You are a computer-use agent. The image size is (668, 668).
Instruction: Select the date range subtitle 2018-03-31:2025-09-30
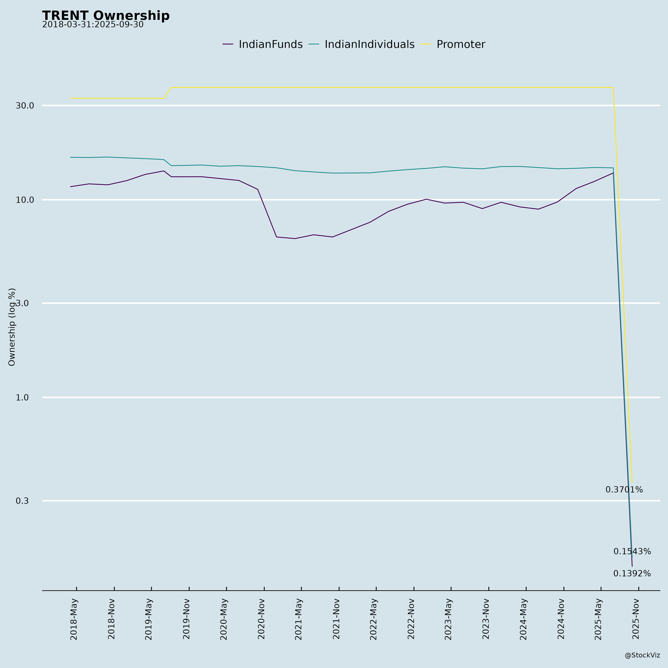(93, 25)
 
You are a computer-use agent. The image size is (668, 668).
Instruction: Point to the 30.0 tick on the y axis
(25, 105)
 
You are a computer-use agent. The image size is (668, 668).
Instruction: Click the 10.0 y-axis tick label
(25, 200)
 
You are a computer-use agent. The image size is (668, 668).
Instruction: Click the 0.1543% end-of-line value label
(632, 551)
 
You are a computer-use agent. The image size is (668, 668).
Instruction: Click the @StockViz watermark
(642, 655)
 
